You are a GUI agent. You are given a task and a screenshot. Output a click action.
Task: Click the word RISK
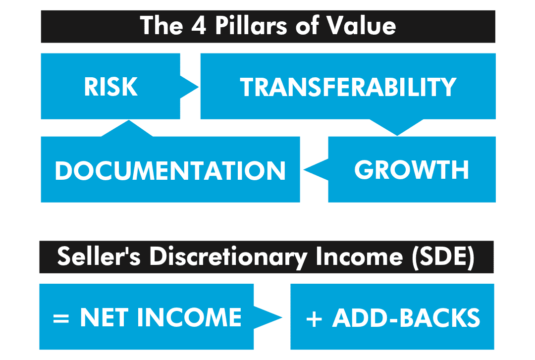[x=111, y=87]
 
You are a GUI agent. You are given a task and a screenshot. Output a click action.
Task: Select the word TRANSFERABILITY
[x=348, y=87]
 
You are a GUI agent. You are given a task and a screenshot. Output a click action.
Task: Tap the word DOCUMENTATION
[x=170, y=170]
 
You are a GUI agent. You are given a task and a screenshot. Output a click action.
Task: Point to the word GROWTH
[x=412, y=169]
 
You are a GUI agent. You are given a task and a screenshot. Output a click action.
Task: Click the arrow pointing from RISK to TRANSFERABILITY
[x=189, y=87]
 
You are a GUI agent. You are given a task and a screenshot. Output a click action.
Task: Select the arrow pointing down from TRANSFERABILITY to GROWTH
[x=397, y=127]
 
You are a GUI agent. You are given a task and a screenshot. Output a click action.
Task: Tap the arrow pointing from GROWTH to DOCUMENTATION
[x=316, y=169]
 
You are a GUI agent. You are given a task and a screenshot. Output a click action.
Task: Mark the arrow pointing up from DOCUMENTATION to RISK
[x=128, y=128]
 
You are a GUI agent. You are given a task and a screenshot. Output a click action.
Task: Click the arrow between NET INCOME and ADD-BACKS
[x=268, y=317]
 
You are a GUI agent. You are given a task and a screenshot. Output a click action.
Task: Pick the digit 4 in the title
[x=199, y=26]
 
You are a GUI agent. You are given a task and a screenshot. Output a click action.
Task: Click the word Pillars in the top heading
[x=251, y=26]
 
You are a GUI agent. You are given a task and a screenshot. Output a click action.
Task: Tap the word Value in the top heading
[x=361, y=26]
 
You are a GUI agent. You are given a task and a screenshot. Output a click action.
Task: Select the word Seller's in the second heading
[x=99, y=257]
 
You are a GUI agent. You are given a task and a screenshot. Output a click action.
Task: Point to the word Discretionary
[x=228, y=257]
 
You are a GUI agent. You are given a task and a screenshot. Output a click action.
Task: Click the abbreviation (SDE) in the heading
[x=443, y=257]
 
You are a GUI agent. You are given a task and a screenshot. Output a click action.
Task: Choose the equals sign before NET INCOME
[x=61, y=318]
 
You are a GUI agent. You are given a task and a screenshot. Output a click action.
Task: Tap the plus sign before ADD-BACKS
[x=314, y=319]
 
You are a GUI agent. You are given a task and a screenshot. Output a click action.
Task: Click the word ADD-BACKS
[x=406, y=318]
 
